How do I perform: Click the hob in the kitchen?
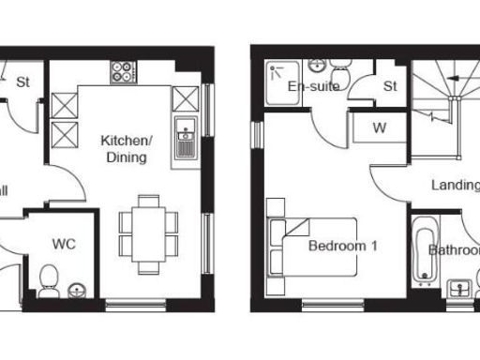point(123,70)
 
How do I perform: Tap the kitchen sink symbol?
point(185,139)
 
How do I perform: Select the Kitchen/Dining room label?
point(126,149)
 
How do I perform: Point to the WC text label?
point(64,245)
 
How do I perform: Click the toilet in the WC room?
point(51,277)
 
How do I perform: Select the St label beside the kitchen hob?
point(23,82)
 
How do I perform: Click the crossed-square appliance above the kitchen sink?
point(185,97)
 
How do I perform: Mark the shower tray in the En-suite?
point(281,82)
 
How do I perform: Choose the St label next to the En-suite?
point(390,86)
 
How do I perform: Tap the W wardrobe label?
point(380,127)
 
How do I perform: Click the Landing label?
point(455,185)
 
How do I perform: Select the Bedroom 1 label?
point(343,247)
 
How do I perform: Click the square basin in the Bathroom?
point(459,289)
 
